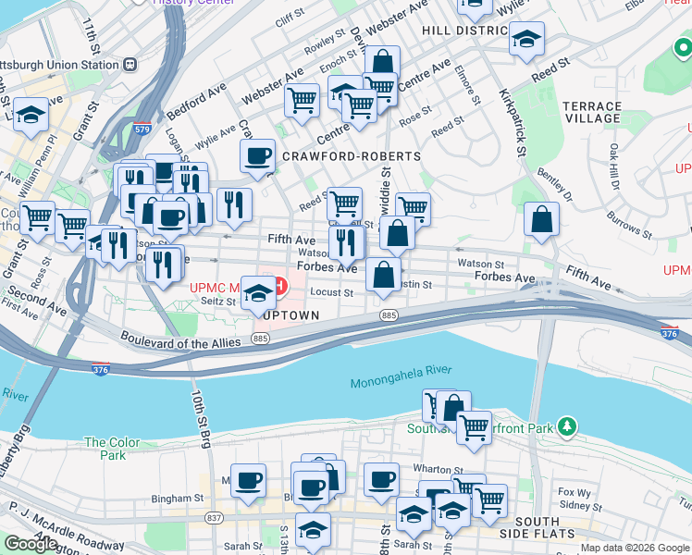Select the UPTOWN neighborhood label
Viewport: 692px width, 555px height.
pos(290,315)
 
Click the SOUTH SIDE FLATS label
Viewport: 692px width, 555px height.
pos(550,527)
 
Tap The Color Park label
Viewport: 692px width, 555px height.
pos(112,449)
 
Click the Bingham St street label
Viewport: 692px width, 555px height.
pos(178,498)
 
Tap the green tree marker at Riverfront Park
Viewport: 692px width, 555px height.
pos(571,427)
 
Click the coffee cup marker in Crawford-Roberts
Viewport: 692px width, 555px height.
pos(257,155)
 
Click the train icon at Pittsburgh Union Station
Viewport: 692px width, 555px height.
pos(130,65)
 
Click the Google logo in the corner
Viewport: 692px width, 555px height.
pos(31,544)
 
